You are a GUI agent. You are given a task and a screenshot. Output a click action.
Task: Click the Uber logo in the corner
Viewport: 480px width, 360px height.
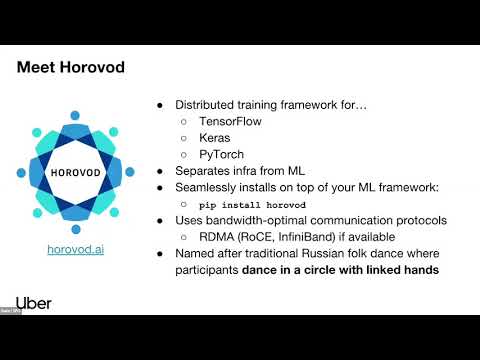(x=33, y=302)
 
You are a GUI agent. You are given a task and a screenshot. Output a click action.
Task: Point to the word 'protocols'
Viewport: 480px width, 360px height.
(x=427, y=220)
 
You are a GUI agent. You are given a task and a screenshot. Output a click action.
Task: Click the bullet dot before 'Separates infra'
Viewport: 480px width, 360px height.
(x=162, y=171)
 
